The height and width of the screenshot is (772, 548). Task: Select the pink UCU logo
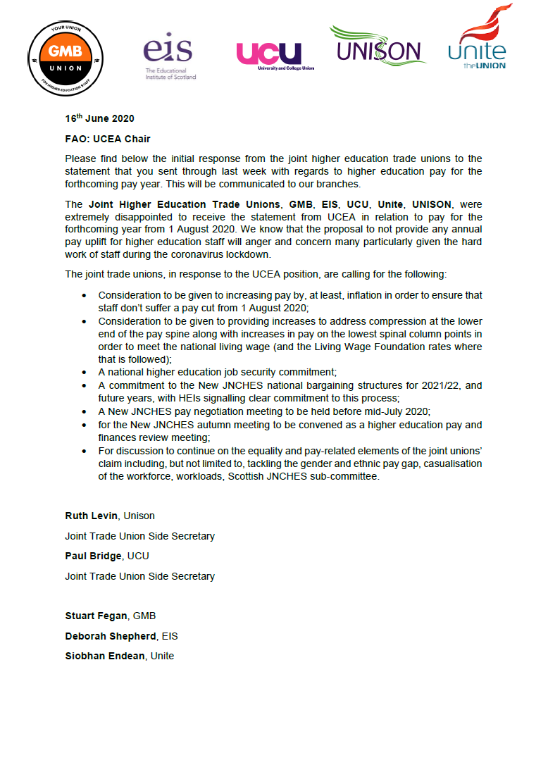[269, 56]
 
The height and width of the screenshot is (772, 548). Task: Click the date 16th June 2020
[99, 118]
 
